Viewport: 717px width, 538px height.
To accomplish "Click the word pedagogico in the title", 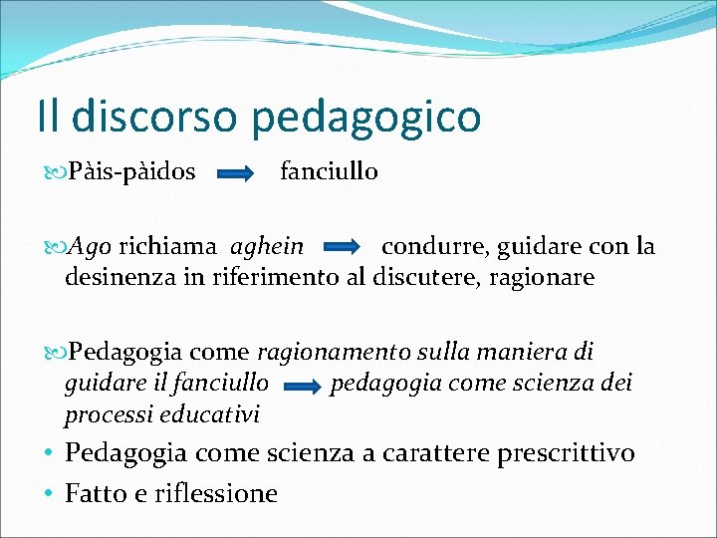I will point(367,117).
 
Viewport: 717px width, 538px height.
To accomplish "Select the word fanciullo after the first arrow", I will point(329,171).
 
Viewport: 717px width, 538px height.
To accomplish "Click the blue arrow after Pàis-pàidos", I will point(237,173).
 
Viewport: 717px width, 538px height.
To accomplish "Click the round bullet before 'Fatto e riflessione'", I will point(48,493).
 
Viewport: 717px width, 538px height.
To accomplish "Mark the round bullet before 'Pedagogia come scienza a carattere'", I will point(48,453).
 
